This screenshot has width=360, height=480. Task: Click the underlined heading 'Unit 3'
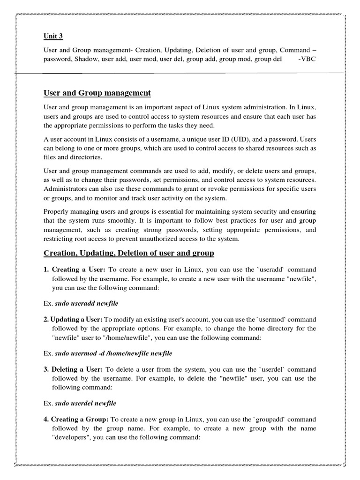(x=52, y=36)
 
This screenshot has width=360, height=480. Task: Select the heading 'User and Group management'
(x=97, y=93)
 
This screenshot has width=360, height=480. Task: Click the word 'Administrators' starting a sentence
(x=65, y=188)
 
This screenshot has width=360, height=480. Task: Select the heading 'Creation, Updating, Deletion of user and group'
(x=128, y=253)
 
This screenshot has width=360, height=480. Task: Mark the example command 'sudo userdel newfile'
(x=85, y=403)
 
